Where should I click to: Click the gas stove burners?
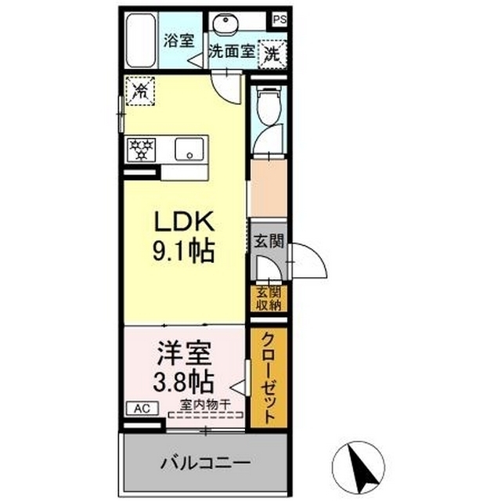click(x=142, y=148)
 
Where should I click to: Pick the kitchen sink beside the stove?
click(x=189, y=149)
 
